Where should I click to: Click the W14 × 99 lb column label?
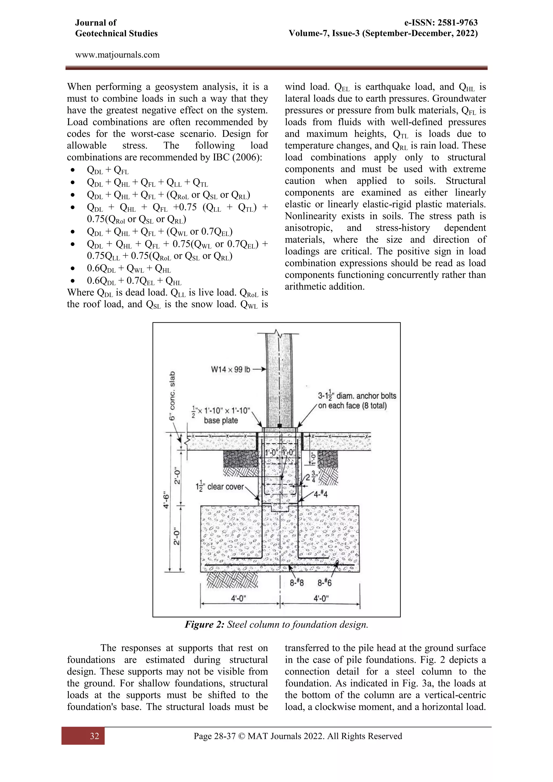click(x=231, y=369)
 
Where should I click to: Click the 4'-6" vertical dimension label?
click(x=166, y=500)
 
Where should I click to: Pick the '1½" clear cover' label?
click(x=220, y=487)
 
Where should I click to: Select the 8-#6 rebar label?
click(x=325, y=583)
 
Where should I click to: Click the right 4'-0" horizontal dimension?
click(x=321, y=598)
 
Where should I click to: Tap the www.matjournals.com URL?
click(x=117, y=55)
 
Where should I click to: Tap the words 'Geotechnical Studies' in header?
click(x=116, y=33)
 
